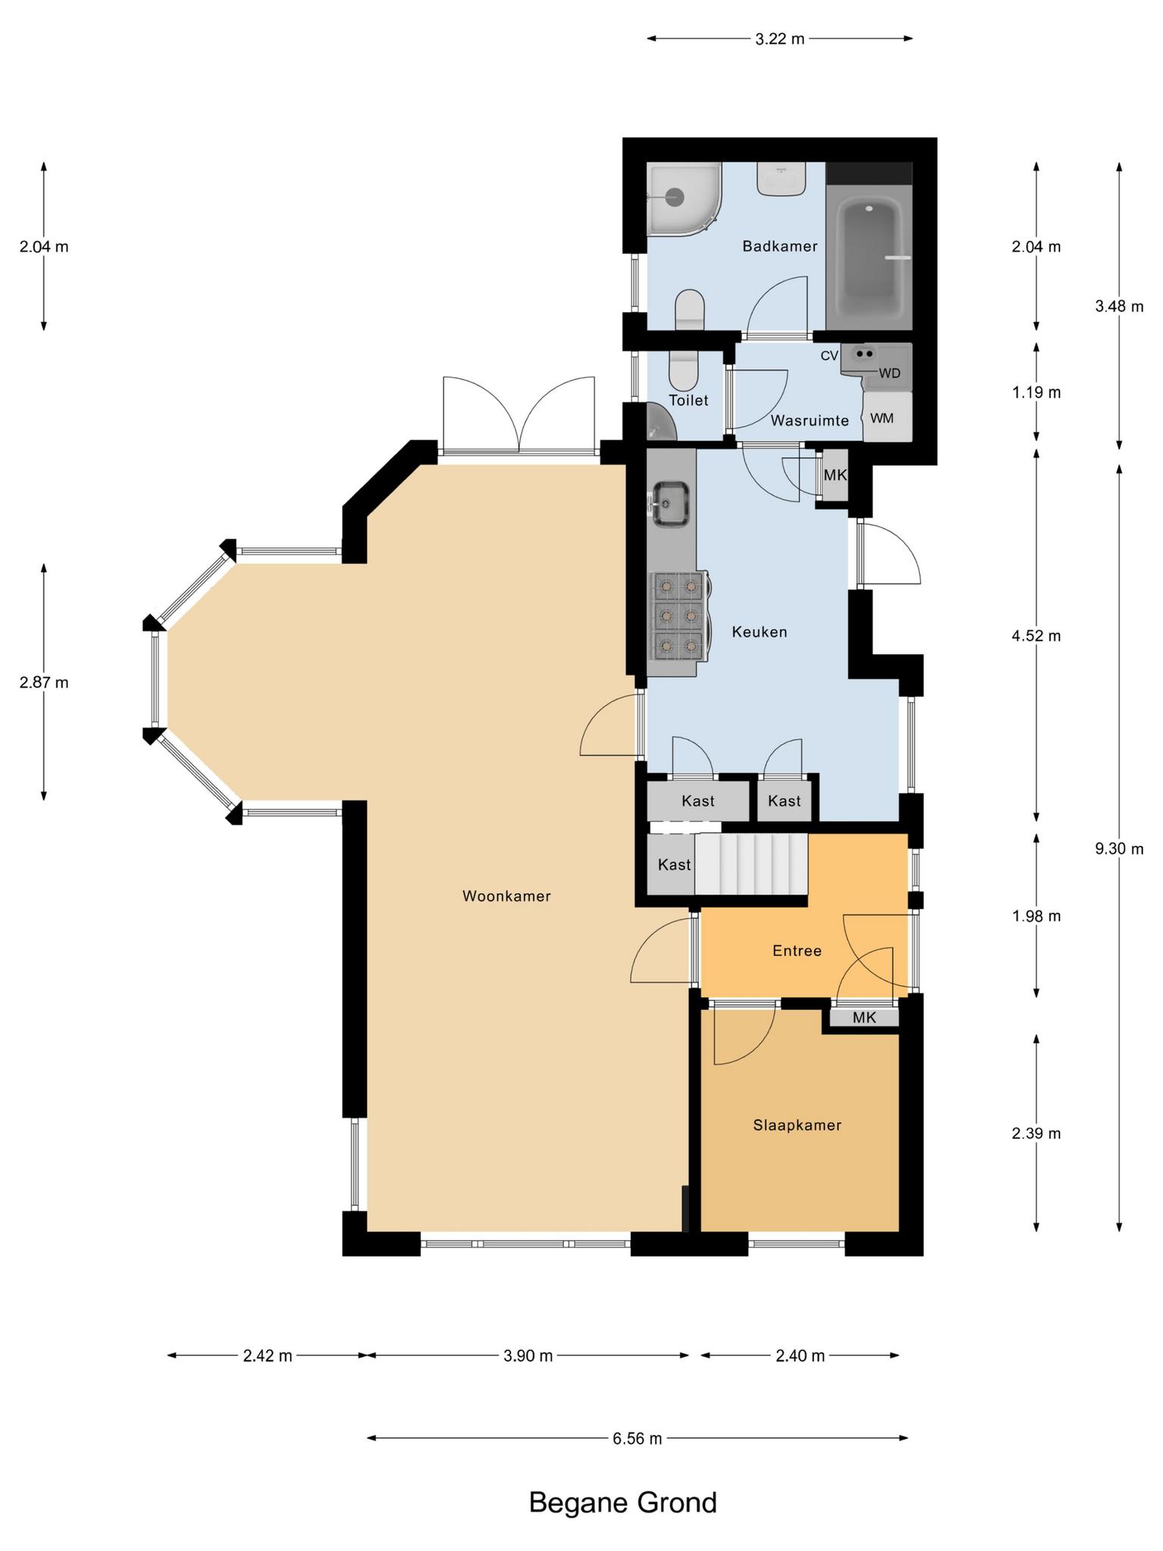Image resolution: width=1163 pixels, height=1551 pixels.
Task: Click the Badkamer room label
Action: point(780,246)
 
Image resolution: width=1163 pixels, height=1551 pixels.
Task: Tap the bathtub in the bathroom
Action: point(869,257)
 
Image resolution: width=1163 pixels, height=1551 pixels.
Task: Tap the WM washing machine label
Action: point(881,418)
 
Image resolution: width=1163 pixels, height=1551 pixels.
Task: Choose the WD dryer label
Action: point(890,373)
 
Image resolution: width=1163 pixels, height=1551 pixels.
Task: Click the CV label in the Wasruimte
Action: point(830,355)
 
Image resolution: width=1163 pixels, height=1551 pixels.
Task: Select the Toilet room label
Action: point(688,400)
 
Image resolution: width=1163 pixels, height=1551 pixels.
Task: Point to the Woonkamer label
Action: point(507,896)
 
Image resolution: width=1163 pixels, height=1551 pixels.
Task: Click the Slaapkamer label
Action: point(797,1125)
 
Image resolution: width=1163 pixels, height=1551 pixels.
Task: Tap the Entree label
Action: point(797,950)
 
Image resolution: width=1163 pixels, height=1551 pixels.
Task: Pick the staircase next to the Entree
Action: point(751,864)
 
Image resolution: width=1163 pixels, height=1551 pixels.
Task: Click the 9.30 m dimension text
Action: point(1119,849)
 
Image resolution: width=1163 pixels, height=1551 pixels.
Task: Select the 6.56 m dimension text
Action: point(638,1438)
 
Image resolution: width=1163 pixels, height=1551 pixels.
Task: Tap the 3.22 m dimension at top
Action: point(780,39)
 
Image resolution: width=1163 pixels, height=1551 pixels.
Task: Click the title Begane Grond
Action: point(622,1503)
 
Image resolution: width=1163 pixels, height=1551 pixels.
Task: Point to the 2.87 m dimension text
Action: point(44,682)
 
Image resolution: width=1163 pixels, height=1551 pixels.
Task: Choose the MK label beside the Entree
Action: point(864,1018)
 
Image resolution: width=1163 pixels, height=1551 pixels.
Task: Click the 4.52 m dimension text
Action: point(1036,636)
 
